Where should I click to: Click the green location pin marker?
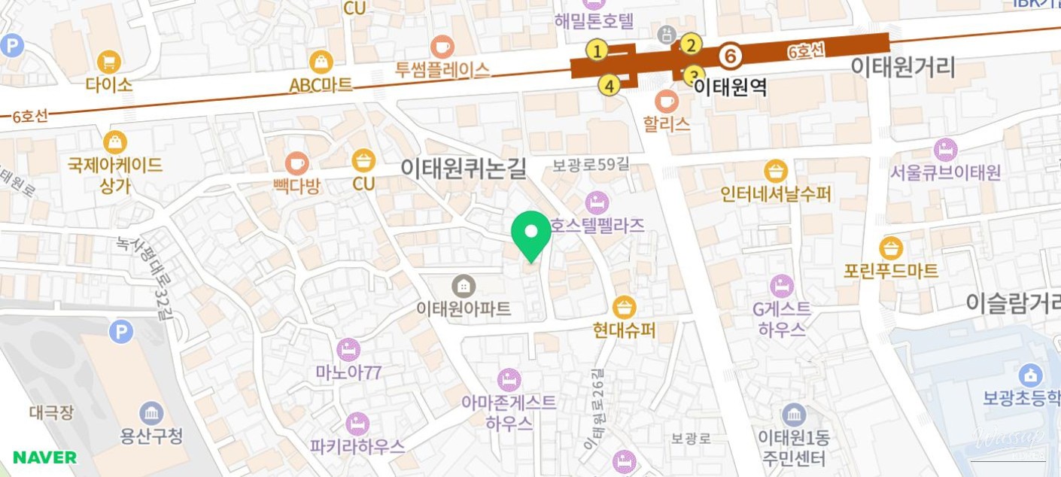[x=531, y=233]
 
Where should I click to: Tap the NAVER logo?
[x=44, y=457]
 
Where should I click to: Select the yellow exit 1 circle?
[x=597, y=51]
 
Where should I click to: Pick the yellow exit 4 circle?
[x=610, y=86]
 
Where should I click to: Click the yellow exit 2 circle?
[x=691, y=45]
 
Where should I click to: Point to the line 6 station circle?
[x=729, y=56]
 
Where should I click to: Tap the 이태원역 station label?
[x=730, y=87]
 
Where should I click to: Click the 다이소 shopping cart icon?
[x=109, y=61]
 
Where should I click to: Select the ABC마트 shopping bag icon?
[x=321, y=62]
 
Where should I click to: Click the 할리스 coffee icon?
[x=666, y=100]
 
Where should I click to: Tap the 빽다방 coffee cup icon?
[x=296, y=163]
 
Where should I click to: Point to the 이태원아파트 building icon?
[x=464, y=286]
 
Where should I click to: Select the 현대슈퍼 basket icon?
[x=624, y=307]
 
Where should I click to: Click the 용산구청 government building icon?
[x=151, y=413]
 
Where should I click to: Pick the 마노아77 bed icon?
[x=348, y=350]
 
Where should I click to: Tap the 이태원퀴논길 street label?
[x=463, y=168]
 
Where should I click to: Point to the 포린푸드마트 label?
[x=891, y=271]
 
